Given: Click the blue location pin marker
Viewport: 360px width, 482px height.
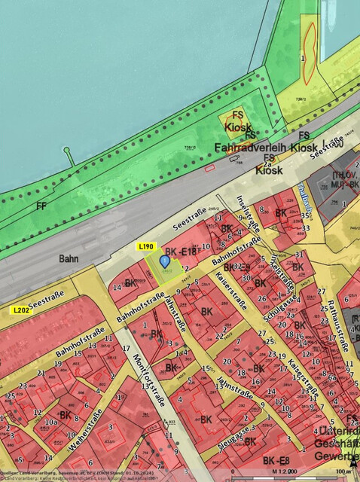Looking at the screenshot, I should click(x=165, y=261).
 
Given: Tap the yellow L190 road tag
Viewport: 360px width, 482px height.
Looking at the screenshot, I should click(x=146, y=246).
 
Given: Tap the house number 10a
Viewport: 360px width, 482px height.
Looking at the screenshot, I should click(x=50, y=423).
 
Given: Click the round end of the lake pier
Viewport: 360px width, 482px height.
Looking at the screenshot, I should click(x=68, y=151).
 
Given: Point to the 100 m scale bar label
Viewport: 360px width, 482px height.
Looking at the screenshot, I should click(x=343, y=471).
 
